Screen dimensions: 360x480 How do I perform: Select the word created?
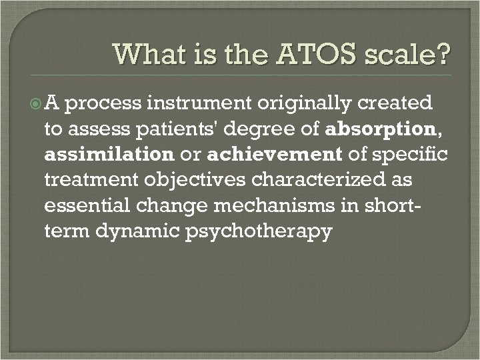pos(396,104)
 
